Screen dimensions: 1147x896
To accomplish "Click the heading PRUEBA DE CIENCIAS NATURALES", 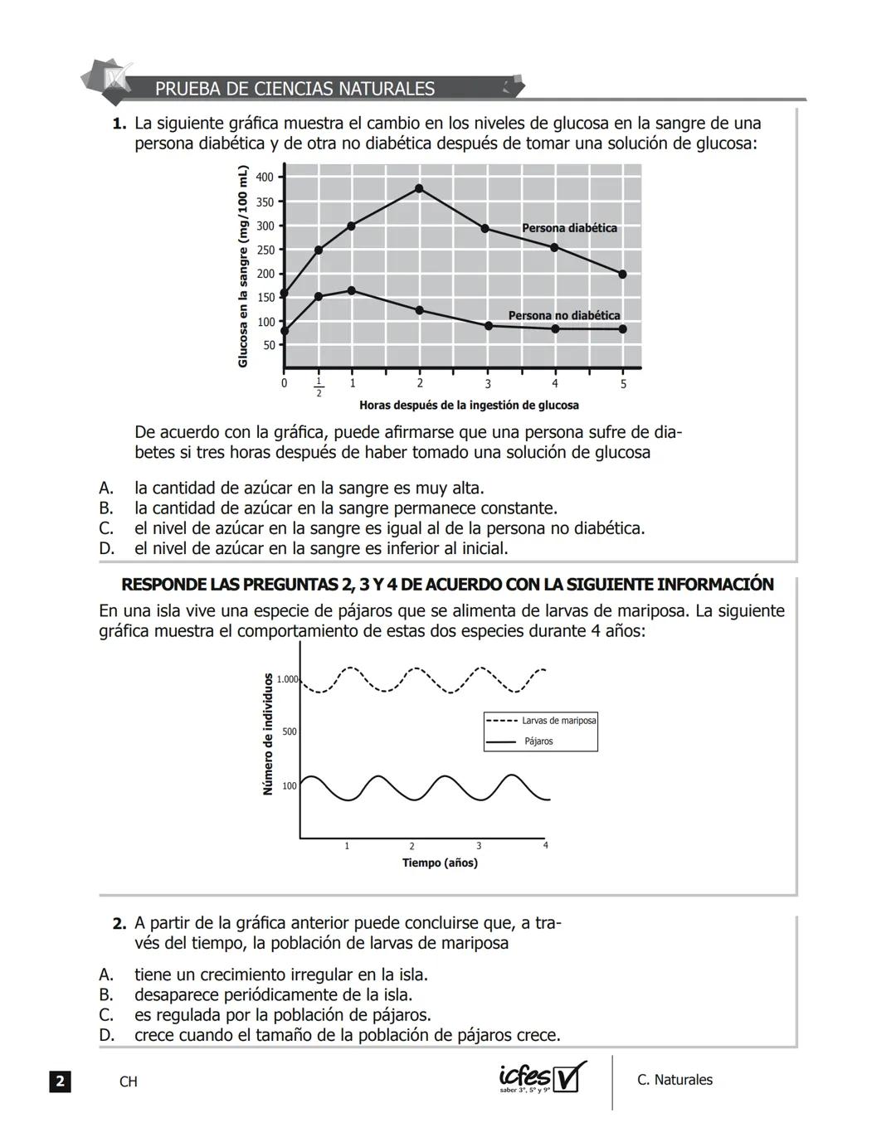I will click(x=295, y=89).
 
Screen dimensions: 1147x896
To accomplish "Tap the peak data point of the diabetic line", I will click(x=419, y=188).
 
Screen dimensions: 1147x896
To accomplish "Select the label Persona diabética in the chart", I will click(x=569, y=228).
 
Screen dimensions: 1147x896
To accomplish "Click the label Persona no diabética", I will click(x=564, y=315).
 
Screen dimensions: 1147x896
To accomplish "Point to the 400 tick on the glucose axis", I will click(x=265, y=177).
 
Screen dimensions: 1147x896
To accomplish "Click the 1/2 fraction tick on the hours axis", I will click(x=319, y=387).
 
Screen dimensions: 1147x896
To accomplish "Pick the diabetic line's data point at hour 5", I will click(x=623, y=274).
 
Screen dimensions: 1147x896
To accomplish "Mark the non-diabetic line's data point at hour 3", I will click(x=488, y=326).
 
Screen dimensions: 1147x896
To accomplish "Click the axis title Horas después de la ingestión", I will click(x=469, y=406).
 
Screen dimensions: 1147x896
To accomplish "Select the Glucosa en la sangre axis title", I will click(x=243, y=266).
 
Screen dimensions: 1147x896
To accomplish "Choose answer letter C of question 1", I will click(x=105, y=528).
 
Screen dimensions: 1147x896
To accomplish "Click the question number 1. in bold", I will click(x=119, y=124).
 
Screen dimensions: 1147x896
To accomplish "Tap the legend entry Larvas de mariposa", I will click(x=558, y=721).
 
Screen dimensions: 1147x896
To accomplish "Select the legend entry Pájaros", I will click(x=538, y=741).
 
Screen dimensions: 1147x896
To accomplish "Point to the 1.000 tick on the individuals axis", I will click(x=287, y=679).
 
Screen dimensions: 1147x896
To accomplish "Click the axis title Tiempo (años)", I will click(x=440, y=863).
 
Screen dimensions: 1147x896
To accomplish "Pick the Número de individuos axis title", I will click(x=267, y=734).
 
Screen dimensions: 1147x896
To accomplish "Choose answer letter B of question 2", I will click(x=105, y=995).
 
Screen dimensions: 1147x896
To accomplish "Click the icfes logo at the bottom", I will click(x=543, y=1078).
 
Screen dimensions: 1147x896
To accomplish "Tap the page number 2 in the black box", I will click(x=60, y=1081).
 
